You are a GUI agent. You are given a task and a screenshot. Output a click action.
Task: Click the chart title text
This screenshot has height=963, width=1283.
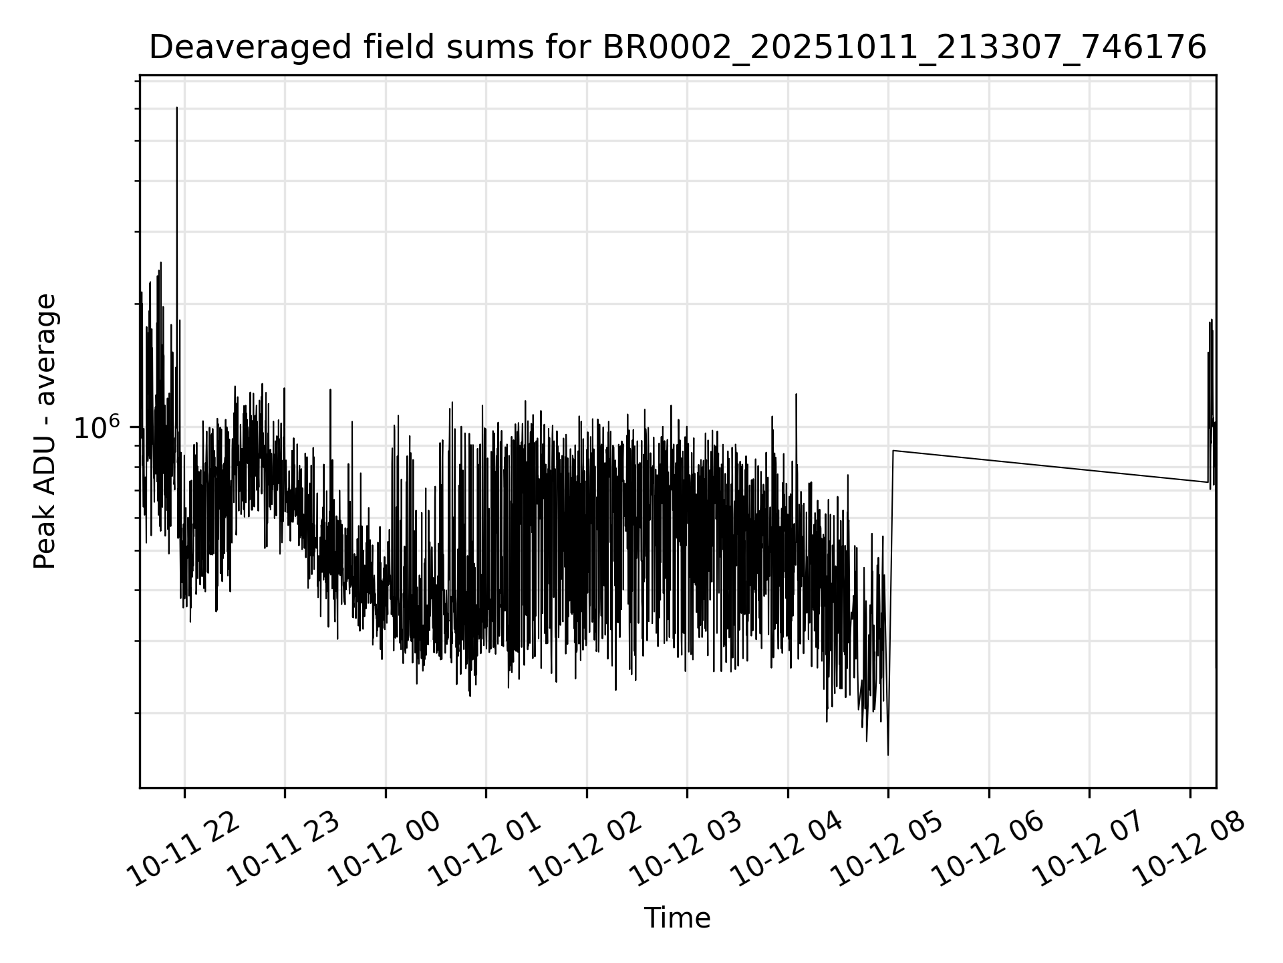pos(677,48)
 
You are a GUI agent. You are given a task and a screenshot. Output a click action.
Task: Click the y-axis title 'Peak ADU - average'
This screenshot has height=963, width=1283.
pos(45,431)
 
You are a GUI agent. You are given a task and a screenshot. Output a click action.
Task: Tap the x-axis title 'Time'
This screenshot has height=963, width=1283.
pos(677,918)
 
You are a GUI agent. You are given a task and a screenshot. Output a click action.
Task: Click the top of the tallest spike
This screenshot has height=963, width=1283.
pos(176,107)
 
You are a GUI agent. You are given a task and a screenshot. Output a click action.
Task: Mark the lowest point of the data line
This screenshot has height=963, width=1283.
pos(888,755)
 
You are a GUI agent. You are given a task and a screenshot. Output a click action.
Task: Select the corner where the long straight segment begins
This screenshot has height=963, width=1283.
pos(893,451)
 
